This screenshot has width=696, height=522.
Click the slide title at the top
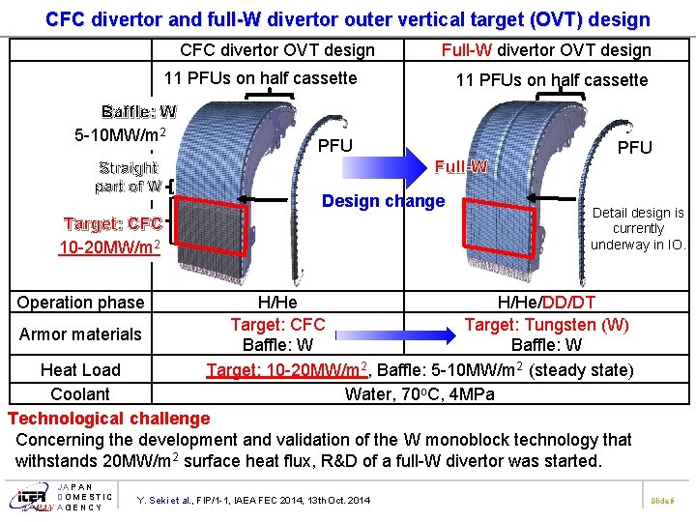coord(348,18)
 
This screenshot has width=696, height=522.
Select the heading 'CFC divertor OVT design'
coord(277,50)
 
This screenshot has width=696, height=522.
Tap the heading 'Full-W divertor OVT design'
coord(546,50)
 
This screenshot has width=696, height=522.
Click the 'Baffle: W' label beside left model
coord(139,112)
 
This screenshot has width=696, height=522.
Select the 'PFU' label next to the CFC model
coord(335,146)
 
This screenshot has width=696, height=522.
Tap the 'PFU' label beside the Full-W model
coord(635,148)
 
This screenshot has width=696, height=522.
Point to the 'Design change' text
coord(383,201)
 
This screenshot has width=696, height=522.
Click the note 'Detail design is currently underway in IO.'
coord(638,229)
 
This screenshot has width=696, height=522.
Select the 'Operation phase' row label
coord(80,303)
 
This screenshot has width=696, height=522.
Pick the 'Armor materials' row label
coord(80,334)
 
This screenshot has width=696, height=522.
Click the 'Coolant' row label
coord(80,394)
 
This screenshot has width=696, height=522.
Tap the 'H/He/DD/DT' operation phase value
coord(546,303)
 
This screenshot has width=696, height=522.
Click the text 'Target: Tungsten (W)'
coord(546,325)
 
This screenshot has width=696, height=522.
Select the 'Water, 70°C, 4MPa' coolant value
coord(420,394)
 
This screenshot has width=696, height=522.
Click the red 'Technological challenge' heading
coord(108,419)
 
